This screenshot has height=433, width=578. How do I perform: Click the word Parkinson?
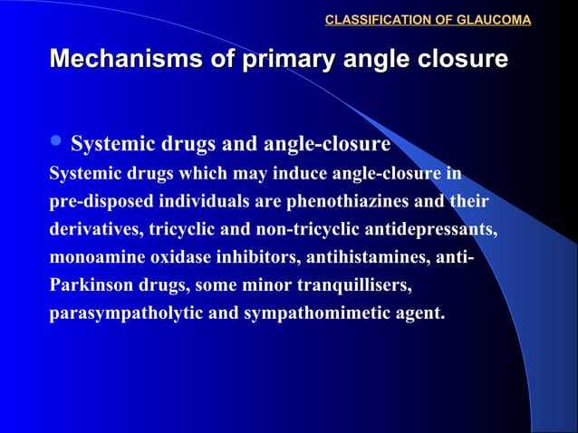point(88,286)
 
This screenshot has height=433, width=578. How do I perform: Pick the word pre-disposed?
point(94,200)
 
